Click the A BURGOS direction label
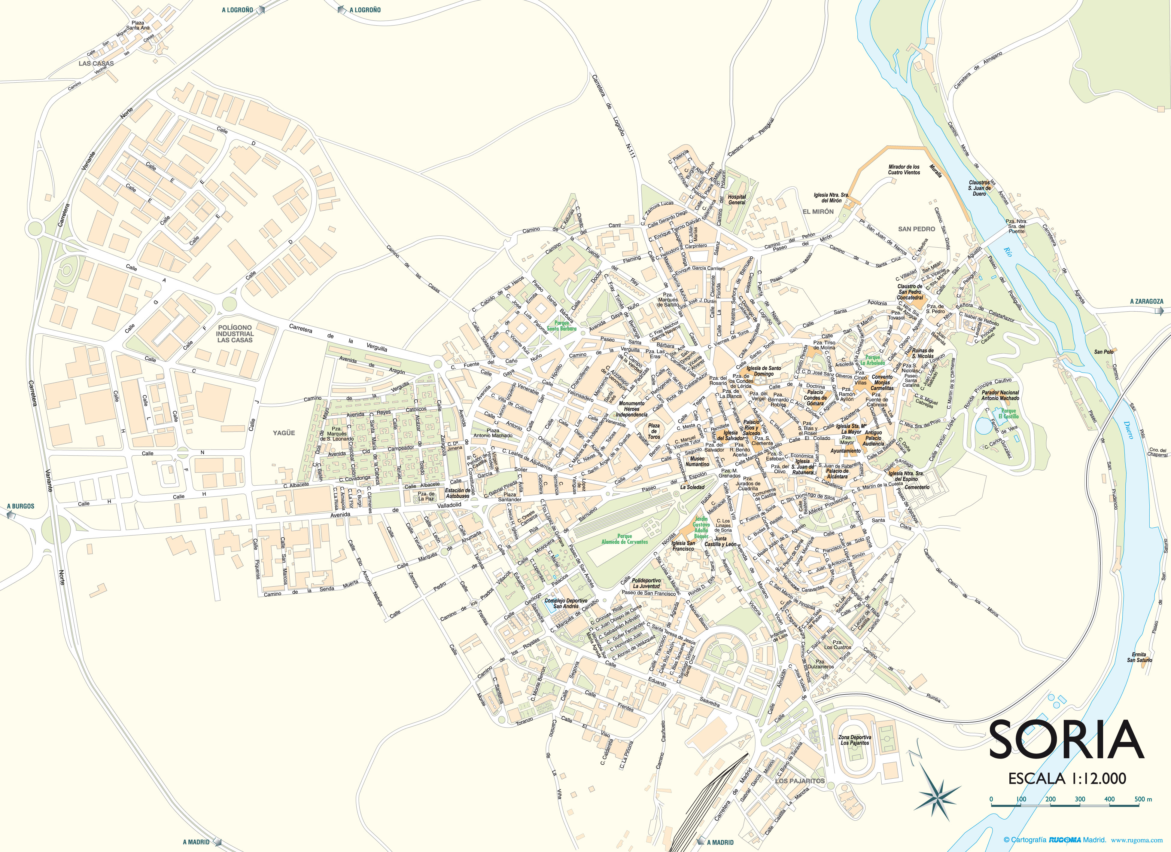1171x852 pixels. point(21,506)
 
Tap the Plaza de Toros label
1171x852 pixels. point(654,431)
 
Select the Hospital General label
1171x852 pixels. point(737,199)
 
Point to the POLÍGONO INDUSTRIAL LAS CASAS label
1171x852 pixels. point(235,334)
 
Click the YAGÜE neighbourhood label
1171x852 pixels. point(284,433)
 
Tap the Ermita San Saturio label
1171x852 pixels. point(1139,657)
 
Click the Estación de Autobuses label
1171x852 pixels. point(458,493)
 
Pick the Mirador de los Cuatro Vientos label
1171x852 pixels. point(904,169)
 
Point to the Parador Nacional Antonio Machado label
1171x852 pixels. point(1000,395)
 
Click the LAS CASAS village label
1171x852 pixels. point(96,63)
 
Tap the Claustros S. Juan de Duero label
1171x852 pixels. point(979,188)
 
